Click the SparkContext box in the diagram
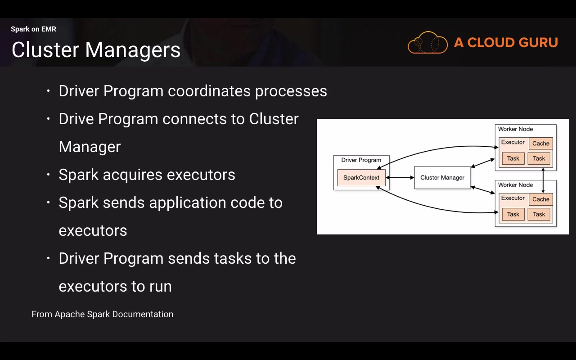(361, 178)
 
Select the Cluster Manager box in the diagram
(442, 178)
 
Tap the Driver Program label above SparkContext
(361, 160)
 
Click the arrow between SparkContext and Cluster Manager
(400, 178)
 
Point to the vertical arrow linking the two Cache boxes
(544, 180)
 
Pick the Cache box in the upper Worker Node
(540, 144)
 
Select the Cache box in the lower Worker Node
(540, 199)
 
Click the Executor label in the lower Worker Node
(513, 198)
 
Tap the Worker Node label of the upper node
(515, 129)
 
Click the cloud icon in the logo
(427, 43)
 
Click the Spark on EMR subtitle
(33, 29)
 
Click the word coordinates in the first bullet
(209, 91)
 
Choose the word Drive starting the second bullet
(76, 119)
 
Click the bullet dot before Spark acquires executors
(49, 175)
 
